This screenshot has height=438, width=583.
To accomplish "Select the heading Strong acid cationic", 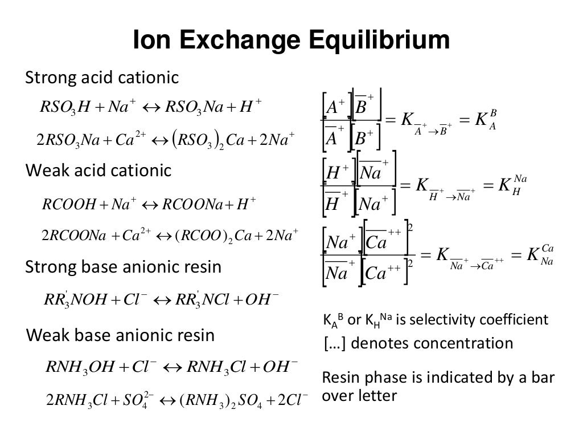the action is [102, 78].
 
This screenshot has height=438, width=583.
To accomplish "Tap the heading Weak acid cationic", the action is [98, 171].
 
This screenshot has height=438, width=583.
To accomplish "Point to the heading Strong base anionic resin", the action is [123, 266].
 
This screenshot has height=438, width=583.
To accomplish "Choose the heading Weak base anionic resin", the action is [121, 335].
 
